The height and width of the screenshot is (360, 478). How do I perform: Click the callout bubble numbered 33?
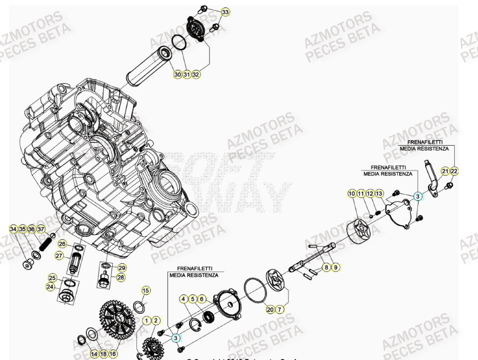[225, 12]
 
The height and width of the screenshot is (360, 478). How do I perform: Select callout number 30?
[178, 74]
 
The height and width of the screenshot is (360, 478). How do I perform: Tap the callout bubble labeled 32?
[196, 74]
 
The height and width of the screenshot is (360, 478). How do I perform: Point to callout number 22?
[454, 171]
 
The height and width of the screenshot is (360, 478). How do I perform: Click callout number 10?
[352, 193]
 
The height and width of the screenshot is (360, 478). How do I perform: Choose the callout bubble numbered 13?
[379, 193]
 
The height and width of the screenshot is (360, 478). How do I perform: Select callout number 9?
[336, 267]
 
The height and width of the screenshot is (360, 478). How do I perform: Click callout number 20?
[270, 309]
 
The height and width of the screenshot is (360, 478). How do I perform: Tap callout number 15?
[146, 291]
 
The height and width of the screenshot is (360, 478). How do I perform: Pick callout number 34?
[13, 229]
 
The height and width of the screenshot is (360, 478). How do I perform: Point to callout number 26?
[62, 243]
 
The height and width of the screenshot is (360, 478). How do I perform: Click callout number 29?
[122, 268]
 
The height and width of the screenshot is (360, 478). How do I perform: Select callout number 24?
[50, 287]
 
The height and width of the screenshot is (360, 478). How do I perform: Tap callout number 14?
[94, 354]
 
